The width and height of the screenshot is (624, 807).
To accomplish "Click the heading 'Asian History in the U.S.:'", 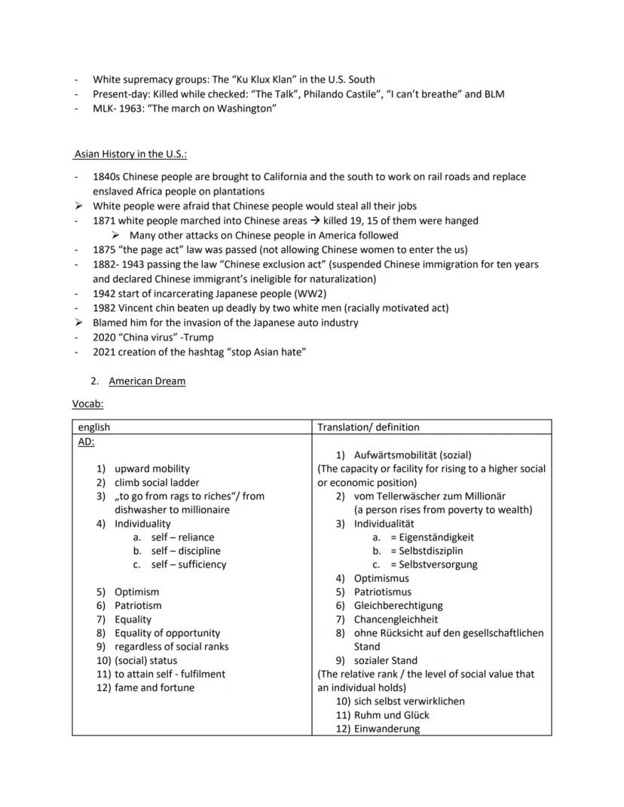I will point(130,154).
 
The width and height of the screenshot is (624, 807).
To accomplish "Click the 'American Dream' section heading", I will point(147,381).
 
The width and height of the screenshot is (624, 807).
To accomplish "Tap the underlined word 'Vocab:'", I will point(88,404).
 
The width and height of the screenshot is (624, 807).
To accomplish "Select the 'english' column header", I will point(94,427).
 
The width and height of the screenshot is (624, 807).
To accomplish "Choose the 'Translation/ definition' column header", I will point(369,427).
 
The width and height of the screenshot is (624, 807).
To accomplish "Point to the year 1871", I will point(106,221).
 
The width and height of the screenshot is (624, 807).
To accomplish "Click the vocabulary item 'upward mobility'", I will point(152,469).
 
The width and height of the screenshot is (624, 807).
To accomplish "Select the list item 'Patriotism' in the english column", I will point(138,605).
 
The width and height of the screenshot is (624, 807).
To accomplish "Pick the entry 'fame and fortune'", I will point(154,687).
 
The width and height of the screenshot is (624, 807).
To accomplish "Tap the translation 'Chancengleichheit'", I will point(396,619).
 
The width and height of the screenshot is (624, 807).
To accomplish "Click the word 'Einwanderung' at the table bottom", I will point(387,729).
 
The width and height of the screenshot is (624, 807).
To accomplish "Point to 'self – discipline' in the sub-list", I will point(188,551).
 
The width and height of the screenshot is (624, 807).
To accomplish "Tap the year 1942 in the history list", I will point(106,293).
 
